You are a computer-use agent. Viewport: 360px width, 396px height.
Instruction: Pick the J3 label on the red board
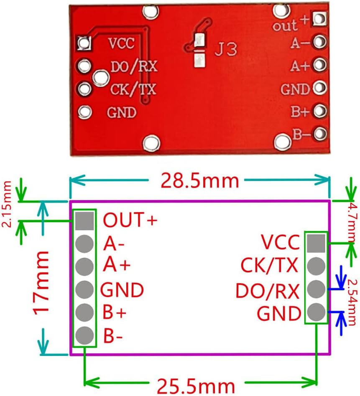coord(225,49)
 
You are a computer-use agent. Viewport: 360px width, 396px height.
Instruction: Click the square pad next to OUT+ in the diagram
coord(85,221)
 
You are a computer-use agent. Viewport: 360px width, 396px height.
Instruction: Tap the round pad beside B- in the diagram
coord(85,334)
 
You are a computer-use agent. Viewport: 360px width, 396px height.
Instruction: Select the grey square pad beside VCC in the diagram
coord(316,243)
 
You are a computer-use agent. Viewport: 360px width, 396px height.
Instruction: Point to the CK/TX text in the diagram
coord(269,265)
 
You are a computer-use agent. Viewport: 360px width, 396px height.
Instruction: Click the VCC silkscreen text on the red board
coord(121,43)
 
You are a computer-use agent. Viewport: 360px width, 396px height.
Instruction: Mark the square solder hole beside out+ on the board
coord(320,19)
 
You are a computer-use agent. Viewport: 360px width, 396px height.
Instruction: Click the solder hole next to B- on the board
coord(320,134)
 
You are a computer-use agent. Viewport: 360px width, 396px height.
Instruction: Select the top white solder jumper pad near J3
coord(199,40)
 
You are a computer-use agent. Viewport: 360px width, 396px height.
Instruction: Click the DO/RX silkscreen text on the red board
coord(134,66)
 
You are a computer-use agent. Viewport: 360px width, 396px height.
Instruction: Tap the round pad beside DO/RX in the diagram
coord(316,288)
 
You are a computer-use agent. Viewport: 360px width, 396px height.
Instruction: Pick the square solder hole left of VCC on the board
coord(85,42)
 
